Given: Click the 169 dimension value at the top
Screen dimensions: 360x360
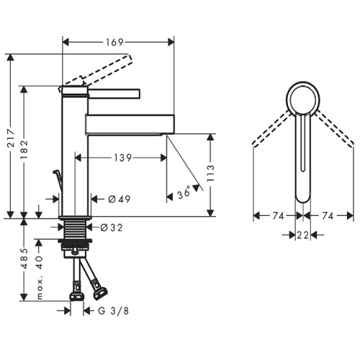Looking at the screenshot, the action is [114, 42].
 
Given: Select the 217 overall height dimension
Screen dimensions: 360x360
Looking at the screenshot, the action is [12, 138].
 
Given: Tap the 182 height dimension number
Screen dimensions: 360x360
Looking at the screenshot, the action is [24, 150].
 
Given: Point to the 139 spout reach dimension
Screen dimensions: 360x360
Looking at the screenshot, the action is [122, 158].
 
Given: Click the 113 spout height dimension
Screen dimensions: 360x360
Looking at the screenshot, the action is [210, 174].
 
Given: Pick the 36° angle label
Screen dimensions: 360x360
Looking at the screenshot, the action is [184, 193].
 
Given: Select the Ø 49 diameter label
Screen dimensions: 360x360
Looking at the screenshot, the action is [120, 199].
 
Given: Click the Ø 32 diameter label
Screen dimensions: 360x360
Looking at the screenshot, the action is [112, 228].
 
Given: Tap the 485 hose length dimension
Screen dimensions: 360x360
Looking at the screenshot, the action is [24, 258].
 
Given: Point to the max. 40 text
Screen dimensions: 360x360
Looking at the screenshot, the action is [40, 277].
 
